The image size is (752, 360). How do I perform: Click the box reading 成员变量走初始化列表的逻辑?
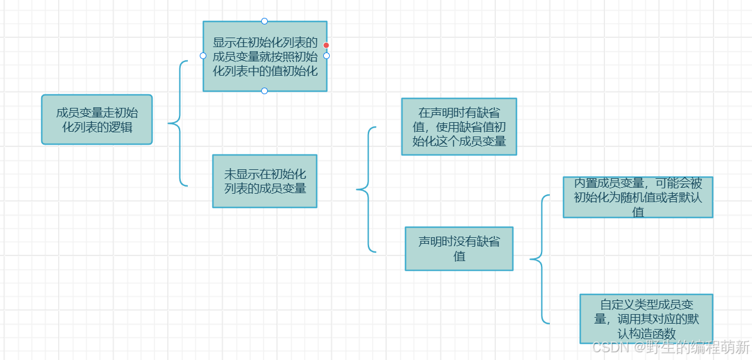(97, 119)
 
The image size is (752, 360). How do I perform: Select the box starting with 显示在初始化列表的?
(265, 56)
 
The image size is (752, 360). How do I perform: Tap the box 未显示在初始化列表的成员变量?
(265, 181)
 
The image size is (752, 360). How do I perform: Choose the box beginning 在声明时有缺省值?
(459, 126)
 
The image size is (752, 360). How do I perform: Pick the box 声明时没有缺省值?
(459, 249)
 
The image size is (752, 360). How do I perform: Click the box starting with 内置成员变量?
(638, 197)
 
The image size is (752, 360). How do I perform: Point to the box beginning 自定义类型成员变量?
(646, 318)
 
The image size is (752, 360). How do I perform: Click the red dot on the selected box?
(326, 45)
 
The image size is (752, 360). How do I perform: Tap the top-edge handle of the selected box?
(265, 21)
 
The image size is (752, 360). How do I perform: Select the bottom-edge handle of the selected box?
(265, 91)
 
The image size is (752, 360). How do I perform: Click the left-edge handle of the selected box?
(203, 56)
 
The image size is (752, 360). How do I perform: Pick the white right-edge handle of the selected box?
(326, 56)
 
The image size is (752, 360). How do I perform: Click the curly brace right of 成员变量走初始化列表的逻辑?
(177, 123)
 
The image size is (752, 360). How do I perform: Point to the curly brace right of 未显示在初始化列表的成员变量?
(366, 190)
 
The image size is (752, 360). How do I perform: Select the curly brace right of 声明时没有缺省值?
(540, 259)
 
